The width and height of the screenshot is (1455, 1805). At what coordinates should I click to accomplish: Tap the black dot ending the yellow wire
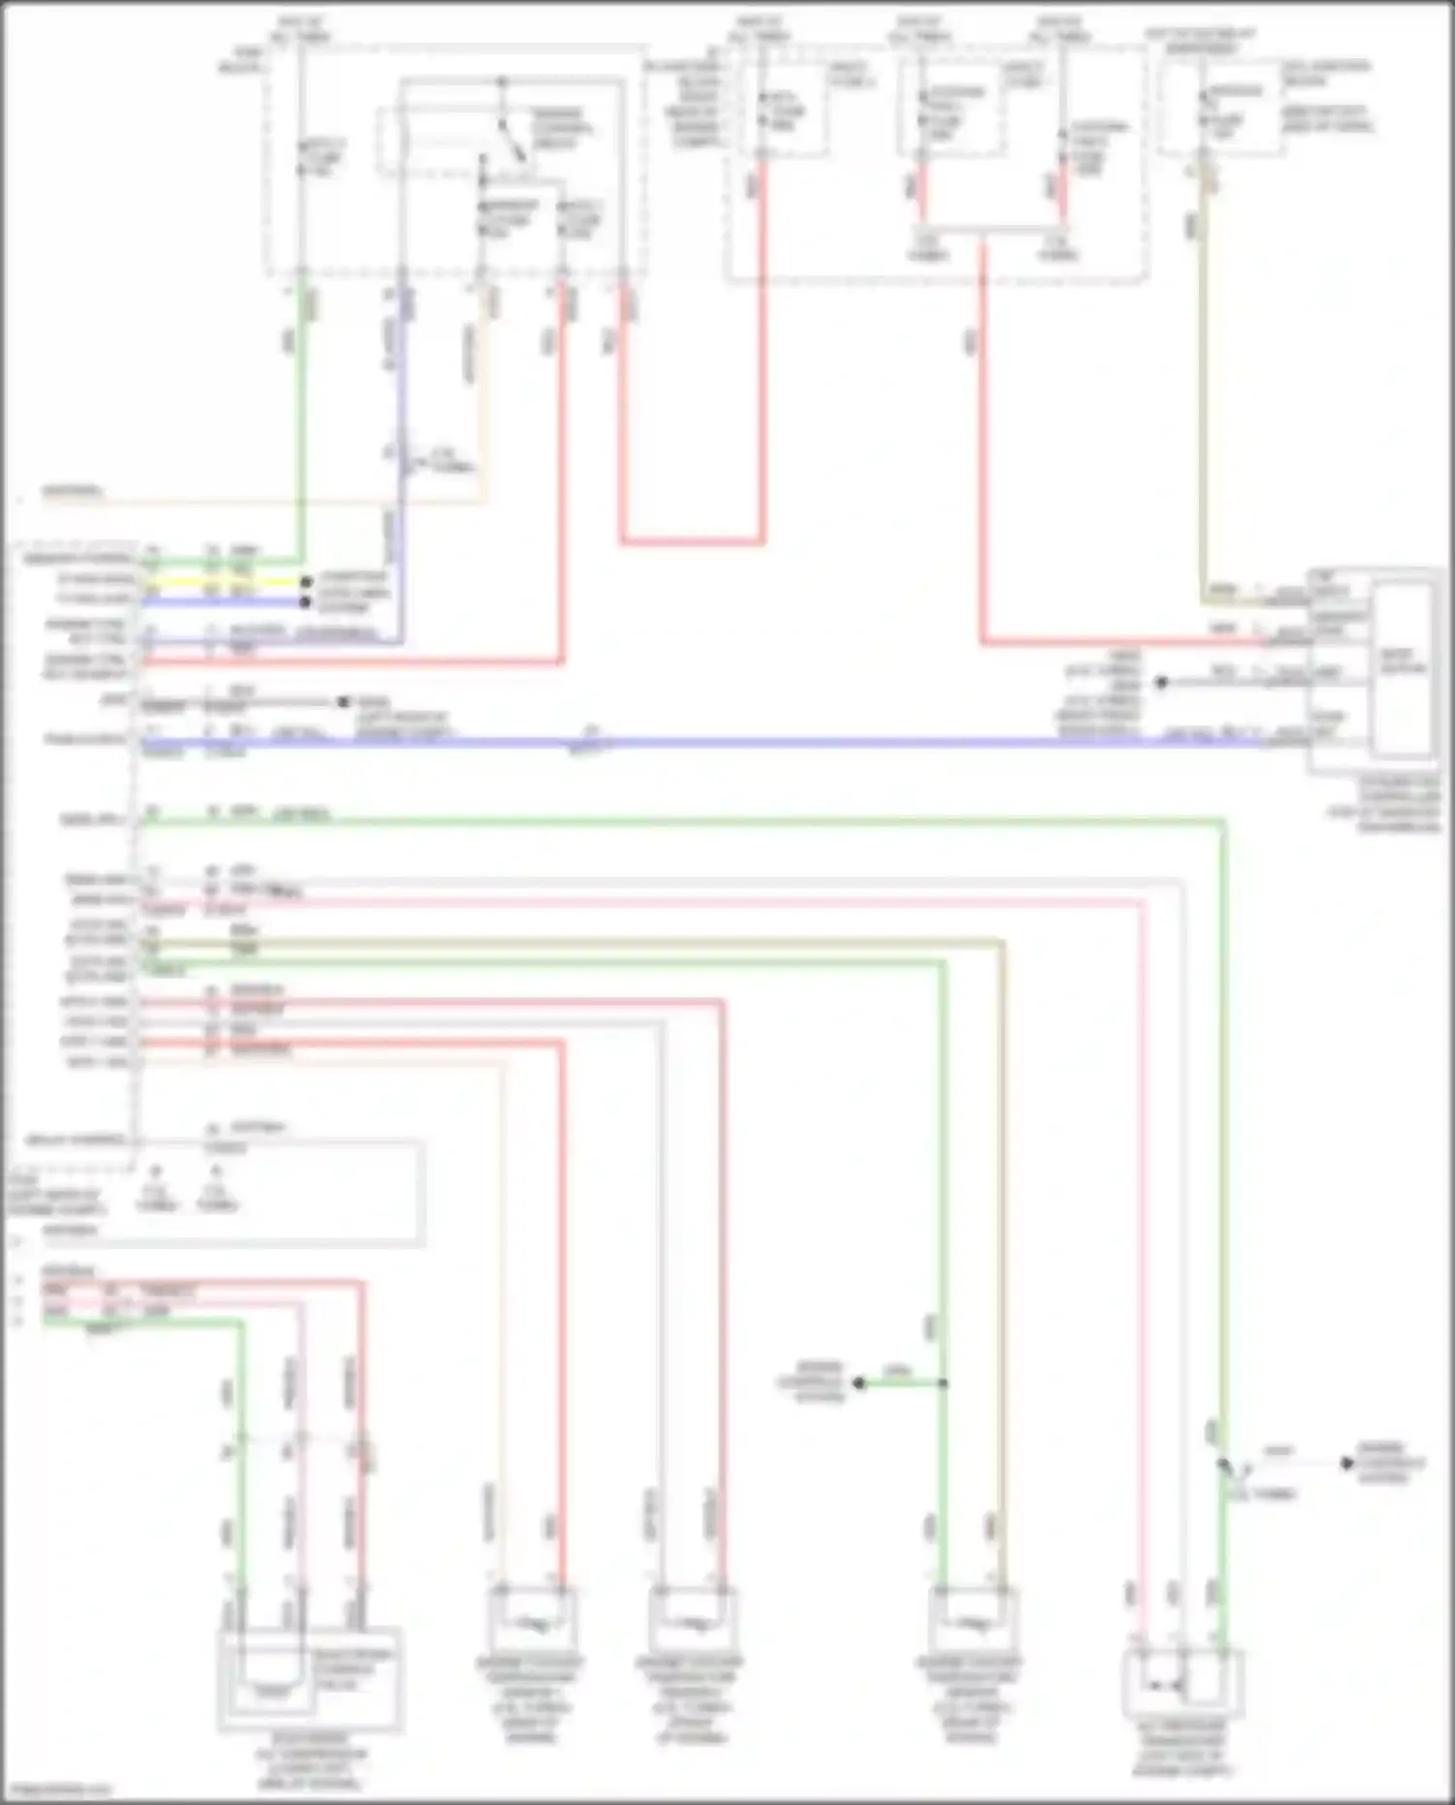[x=306, y=582]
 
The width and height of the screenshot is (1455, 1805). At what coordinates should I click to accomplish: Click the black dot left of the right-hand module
[x=1161, y=682]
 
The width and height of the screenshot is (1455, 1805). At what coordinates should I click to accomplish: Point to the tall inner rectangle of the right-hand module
[x=1402, y=669]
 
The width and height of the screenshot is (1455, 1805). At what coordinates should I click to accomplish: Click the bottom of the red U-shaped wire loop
[x=692, y=541]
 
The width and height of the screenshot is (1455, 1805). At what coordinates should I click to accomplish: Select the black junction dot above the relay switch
[x=501, y=81]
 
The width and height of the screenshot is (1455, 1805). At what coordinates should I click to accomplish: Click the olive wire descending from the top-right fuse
[x=1203, y=388]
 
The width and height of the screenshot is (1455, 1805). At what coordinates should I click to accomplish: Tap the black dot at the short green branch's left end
[x=859, y=1383]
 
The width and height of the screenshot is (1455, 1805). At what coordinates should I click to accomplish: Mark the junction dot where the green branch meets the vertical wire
[x=942, y=1383]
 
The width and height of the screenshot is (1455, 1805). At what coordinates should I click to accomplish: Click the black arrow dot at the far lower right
[x=1346, y=1463]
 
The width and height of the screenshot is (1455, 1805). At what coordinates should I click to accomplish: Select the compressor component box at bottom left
[x=308, y=1678]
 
